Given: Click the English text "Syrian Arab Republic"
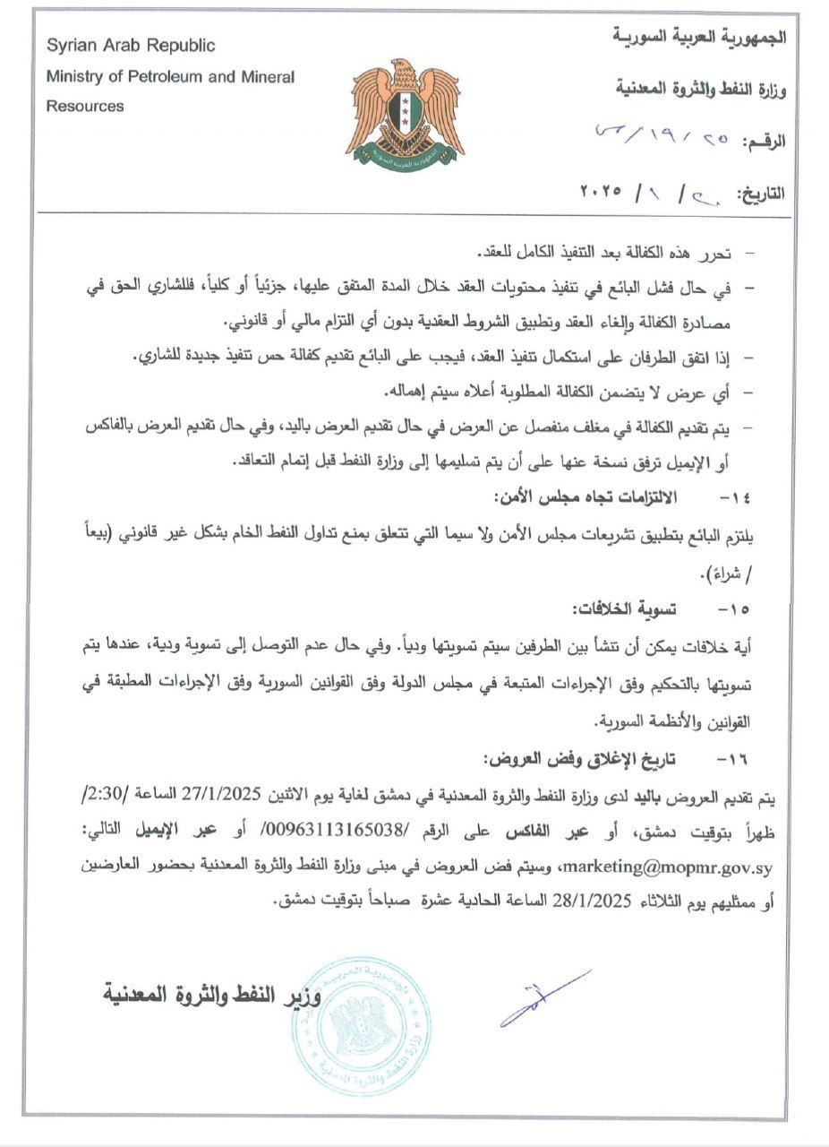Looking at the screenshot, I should pos(131,46).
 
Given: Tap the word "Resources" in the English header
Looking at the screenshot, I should pos(85,106).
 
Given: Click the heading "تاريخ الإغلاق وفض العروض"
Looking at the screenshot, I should pos(579,759).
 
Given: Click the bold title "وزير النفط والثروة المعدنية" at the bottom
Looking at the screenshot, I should pos(214,994).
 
